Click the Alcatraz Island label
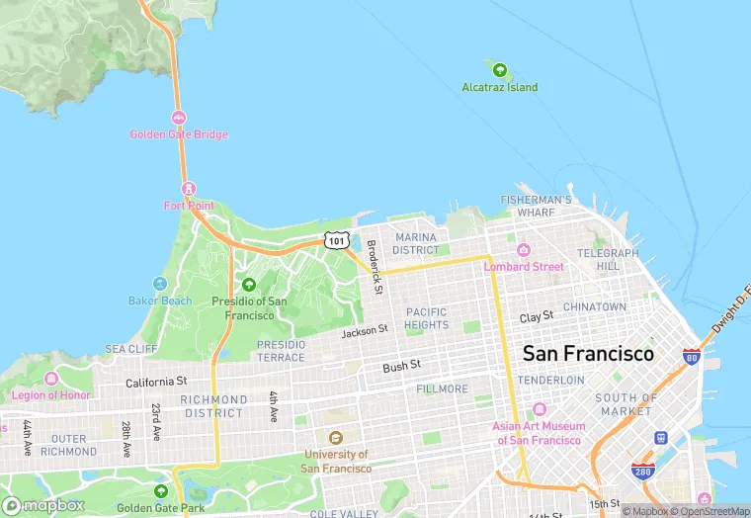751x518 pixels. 500,87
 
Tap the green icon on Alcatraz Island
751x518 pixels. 500,70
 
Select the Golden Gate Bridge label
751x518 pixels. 179,134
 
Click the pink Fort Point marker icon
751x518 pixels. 188,189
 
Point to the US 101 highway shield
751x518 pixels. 337,240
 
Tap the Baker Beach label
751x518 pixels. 160,301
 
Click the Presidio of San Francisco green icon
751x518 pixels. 249,285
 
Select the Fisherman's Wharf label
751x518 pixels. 537,206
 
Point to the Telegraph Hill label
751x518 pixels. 609,260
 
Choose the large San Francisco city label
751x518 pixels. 588,353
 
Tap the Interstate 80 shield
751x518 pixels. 692,357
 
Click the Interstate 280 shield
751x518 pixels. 643,473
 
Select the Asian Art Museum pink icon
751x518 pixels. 540,410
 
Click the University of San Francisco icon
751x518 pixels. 335,438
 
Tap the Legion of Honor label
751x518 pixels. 49,395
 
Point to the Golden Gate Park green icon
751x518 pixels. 161,491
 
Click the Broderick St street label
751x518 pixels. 375,267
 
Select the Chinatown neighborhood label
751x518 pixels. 595,307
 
